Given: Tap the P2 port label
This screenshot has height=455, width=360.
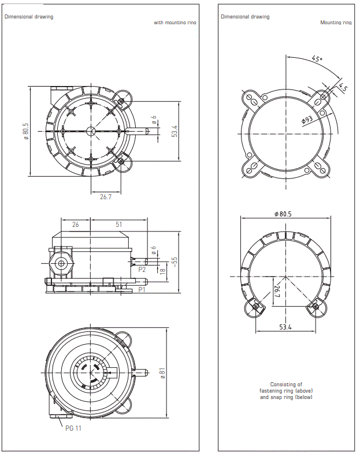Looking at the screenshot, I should [142, 269].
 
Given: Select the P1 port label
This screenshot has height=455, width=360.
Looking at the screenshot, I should [142, 288].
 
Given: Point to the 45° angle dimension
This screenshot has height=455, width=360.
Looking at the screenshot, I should [317, 59].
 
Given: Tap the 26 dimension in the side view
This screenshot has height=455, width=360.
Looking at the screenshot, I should [75, 225].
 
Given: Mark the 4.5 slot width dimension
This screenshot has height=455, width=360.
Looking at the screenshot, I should [343, 88].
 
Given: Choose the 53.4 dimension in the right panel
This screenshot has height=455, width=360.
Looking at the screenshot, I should [285, 327].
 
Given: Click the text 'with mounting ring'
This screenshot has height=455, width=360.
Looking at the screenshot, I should [175, 23].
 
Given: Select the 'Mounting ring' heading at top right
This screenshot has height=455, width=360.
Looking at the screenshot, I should [336, 23].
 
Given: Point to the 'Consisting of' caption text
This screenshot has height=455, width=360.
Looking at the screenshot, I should [286, 384].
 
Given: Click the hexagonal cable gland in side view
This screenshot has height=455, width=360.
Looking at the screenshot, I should [61, 263].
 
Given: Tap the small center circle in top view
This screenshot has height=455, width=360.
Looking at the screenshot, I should [90, 131].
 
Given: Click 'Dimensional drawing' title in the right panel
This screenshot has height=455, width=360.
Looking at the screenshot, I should [245, 17].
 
